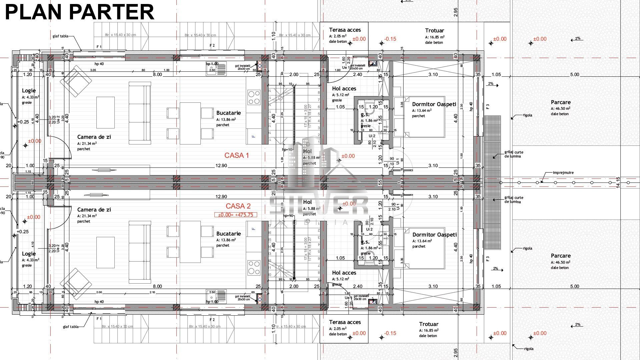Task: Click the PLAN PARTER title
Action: coord(79,12)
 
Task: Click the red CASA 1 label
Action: coord(236,155)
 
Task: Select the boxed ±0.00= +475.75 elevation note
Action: coord(235,215)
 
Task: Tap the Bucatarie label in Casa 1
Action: coord(228,113)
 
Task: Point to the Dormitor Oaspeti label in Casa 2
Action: coord(435,235)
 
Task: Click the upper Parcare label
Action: coord(561,102)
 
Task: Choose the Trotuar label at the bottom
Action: coord(429,324)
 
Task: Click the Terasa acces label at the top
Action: coord(345,30)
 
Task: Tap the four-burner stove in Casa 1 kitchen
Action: coord(254,97)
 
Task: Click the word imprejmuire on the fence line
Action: coord(563,173)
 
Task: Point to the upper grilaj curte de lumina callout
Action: coord(513,154)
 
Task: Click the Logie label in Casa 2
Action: coord(29,254)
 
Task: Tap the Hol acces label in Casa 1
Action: coord(344,88)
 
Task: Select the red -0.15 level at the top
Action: coord(390,39)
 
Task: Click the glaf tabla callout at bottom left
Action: coord(71,327)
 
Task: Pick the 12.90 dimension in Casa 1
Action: coord(221,165)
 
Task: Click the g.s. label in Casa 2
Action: coord(365,242)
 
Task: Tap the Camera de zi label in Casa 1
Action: coord(94,137)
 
